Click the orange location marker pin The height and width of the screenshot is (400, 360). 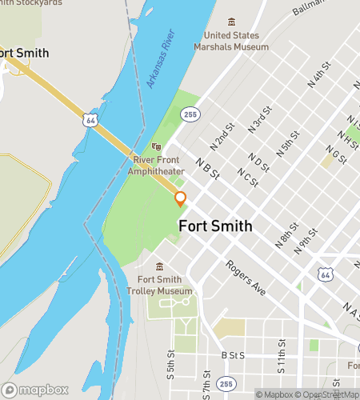tap(180, 199)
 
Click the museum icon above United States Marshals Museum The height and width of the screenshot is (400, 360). tap(232, 22)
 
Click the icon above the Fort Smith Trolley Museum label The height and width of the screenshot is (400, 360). tap(159, 266)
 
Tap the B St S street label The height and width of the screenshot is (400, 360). tap(232, 355)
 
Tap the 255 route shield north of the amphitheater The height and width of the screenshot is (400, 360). tap(190, 115)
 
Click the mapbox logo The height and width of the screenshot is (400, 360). tap(36, 390)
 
